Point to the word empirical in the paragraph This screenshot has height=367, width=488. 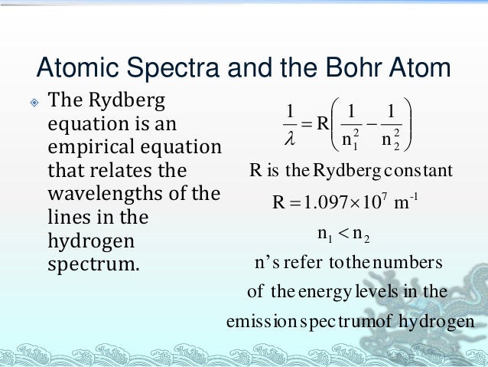tap(97, 146)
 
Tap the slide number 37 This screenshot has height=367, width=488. tap(453, 352)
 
